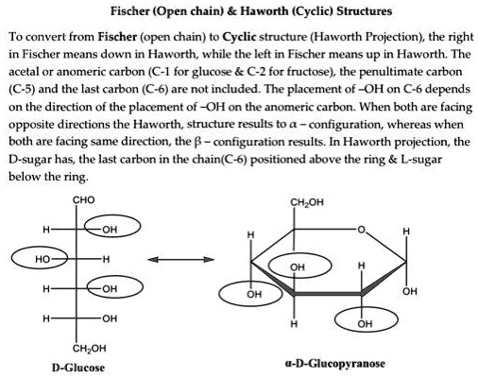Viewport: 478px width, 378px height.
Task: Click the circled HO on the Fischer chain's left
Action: pos(42,258)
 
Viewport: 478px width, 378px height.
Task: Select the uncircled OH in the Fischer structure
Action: pos(109,317)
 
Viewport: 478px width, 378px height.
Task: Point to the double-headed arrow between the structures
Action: pos(180,258)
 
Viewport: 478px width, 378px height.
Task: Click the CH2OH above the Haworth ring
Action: pos(305,200)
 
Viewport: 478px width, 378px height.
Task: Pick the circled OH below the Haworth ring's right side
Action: pos(366,324)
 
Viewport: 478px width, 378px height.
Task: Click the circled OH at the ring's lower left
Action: pos(253,295)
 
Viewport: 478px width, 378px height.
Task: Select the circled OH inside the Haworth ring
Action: pos(298,267)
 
